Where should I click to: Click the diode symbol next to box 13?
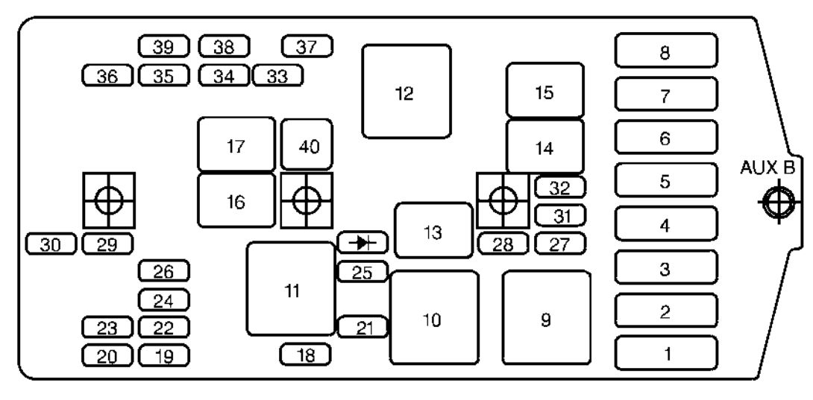[x=362, y=242]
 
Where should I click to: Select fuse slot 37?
[x=307, y=47]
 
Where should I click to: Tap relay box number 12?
[x=406, y=92]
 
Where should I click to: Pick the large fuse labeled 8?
[x=666, y=51]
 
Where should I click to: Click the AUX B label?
[x=767, y=168]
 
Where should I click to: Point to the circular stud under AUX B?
[x=778, y=201]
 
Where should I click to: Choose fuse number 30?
[x=51, y=244]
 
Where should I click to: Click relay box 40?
[x=307, y=145]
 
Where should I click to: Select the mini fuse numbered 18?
[x=305, y=355]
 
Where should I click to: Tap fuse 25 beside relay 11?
[x=362, y=271]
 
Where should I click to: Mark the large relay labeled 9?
[x=547, y=317]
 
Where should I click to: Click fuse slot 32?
[x=560, y=188]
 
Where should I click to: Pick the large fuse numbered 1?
[x=666, y=353]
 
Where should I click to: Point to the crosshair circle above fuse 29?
[x=109, y=200]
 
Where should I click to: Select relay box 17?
[x=236, y=144]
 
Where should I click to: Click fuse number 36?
[x=108, y=76]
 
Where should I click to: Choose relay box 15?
[x=545, y=91]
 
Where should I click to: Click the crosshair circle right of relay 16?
[x=307, y=200]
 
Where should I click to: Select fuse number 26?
[x=164, y=270]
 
